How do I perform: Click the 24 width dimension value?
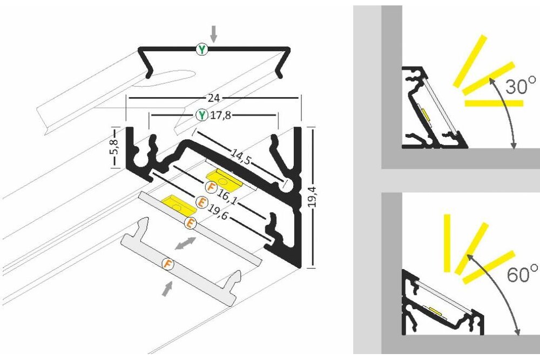(x=214, y=98)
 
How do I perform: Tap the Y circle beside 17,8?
(x=201, y=115)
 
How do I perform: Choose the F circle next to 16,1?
(x=212, y=188)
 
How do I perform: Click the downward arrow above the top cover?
(x=214, y=34)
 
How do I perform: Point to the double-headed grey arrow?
(x=185, y=242)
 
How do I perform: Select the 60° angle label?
(x=522, y=274)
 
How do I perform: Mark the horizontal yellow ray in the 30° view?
(x=494, y=103)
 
